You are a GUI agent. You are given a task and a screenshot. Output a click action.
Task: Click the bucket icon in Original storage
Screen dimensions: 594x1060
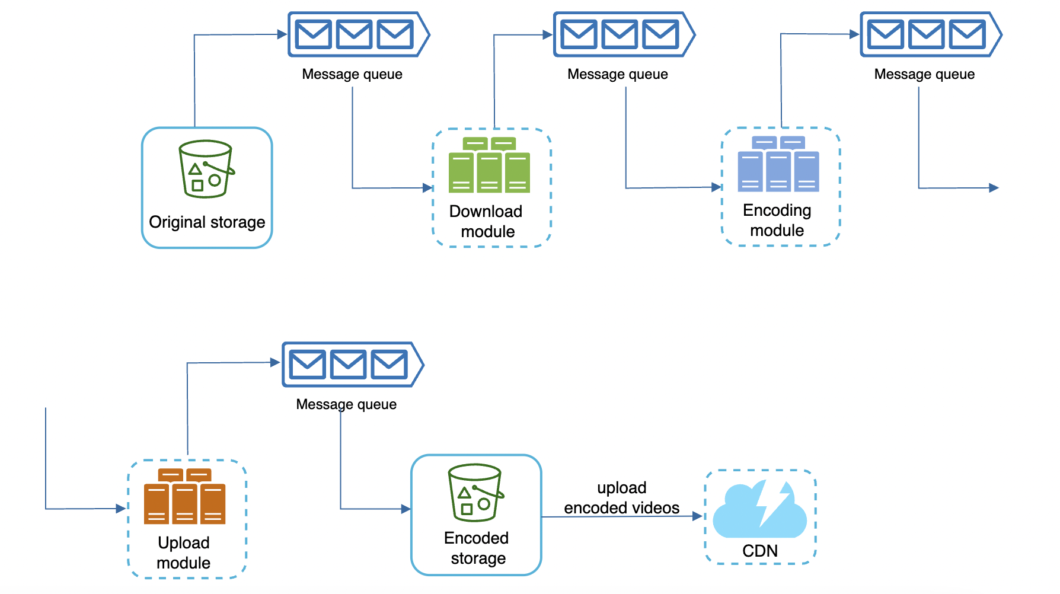(x=206, y=169)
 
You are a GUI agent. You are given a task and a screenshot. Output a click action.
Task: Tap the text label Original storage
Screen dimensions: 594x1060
(x=207, y=222)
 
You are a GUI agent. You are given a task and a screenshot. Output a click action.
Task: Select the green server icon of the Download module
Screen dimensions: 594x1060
(x=489, y=165)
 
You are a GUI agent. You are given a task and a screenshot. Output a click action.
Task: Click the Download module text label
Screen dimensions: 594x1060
(x=486, y=221)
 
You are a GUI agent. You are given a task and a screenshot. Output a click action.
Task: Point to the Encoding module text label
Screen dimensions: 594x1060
(x=777, y=220)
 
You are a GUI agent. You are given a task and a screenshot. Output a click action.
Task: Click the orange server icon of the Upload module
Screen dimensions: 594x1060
(x=184, y=497)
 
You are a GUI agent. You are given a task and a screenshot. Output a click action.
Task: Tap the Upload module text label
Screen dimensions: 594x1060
(x=183, y=553)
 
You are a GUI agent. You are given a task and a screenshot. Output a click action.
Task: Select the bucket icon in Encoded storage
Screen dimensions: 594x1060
(x=475, y=493)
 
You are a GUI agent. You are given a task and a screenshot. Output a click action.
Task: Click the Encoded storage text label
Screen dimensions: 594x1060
(x=477, y=548)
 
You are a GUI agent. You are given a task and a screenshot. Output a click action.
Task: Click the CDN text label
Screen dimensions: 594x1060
(x=759, y=551)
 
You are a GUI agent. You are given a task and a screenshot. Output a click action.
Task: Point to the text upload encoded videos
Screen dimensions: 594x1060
(x=621, y=498)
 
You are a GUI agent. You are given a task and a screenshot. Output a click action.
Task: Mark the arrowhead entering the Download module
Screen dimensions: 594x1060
(x=428, y=188)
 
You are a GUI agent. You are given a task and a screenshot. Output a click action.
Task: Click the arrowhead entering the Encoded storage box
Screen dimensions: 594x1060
(x=406, y=509)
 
